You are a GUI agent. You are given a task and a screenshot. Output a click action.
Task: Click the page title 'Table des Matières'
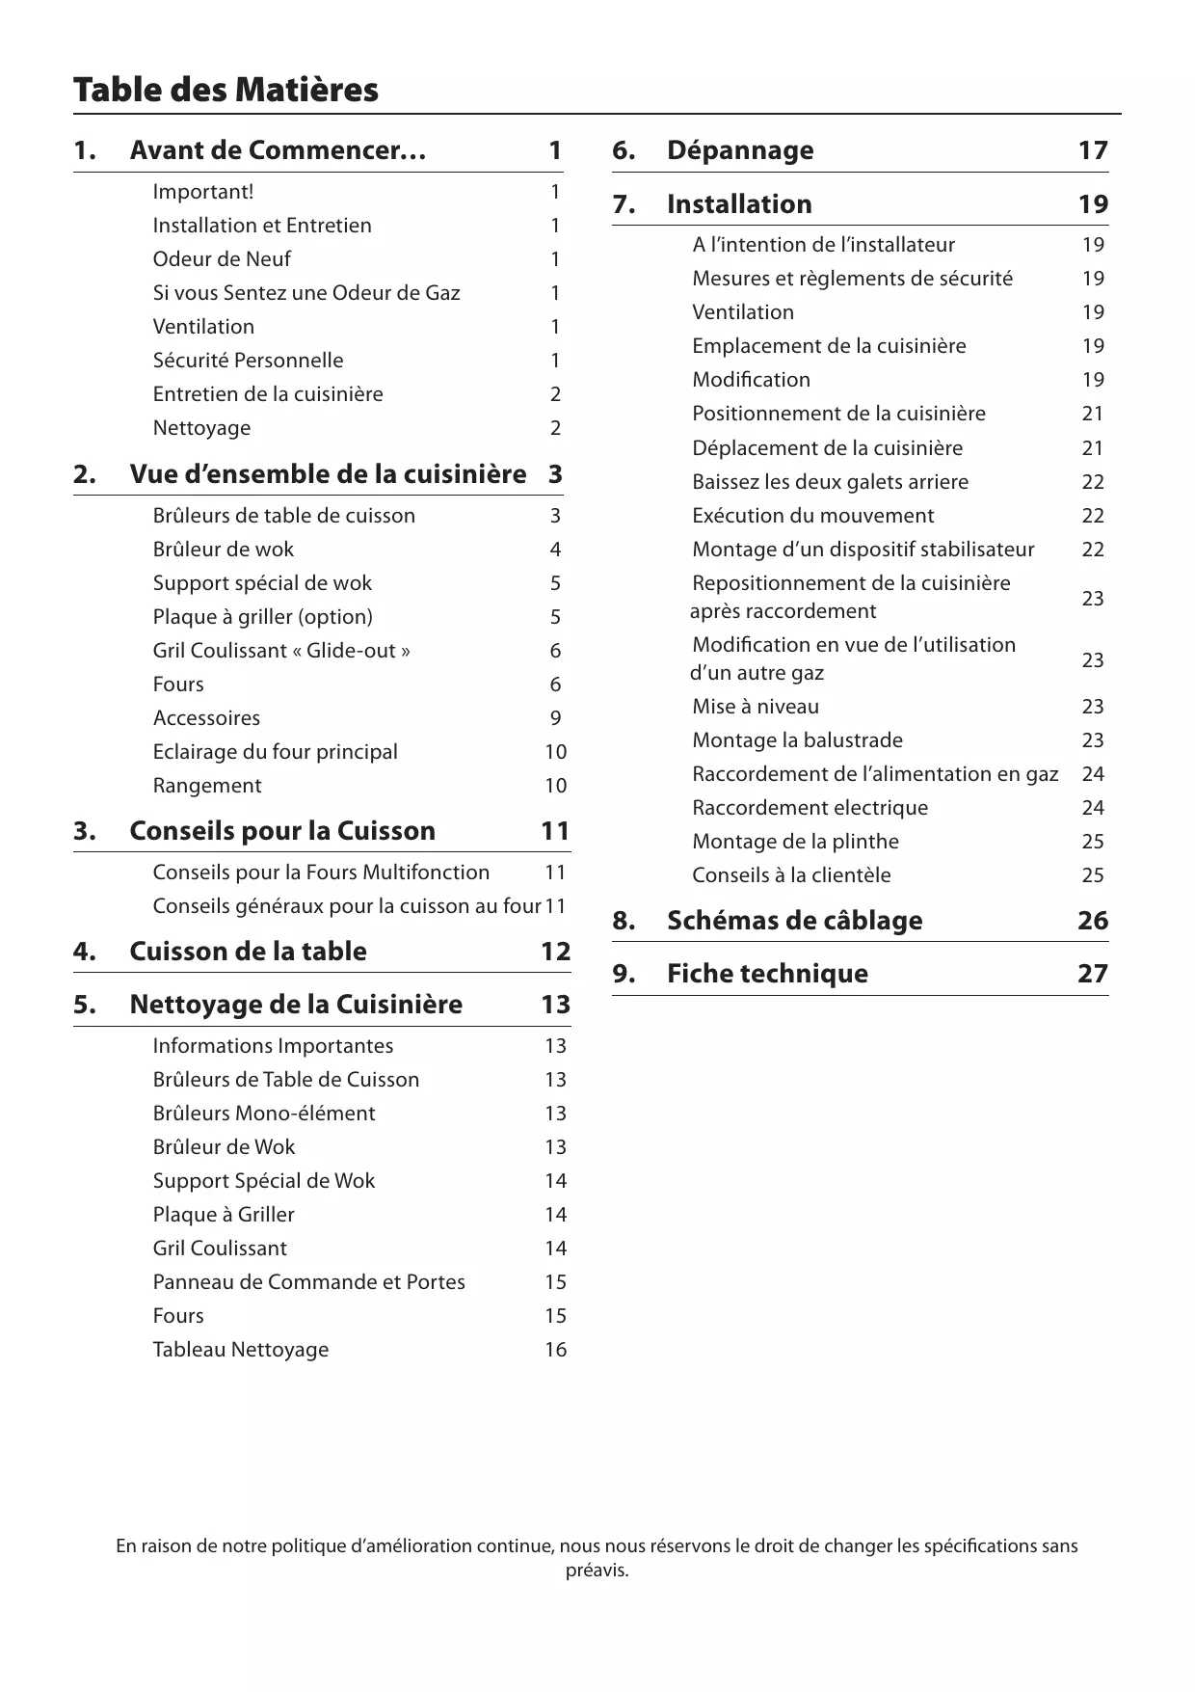pyautogui.click(x=226, y=90)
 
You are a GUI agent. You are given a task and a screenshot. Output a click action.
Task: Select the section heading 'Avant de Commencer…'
pyautogui.click(x=278, y=150)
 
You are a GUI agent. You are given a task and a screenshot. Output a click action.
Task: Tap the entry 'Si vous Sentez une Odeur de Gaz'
pyautogui.click(x=306, y=293)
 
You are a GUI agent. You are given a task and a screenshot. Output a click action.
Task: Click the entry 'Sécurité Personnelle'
pyautogui.click(x=248, y=361)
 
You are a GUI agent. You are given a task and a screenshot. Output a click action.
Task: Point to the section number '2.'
pyautogui.click(x=85, y=474)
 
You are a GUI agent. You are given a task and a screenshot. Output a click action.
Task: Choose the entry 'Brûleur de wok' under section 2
pyautogui.click(x=224, y=550)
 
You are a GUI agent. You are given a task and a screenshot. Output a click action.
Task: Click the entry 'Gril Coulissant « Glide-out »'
pyautogui.click(x=281, y=651)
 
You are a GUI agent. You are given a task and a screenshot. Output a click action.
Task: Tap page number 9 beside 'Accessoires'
pyautogui.click(x=555, y=718)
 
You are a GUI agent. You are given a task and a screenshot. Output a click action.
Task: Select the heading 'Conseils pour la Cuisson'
pyautogui.click(x=282, y=831)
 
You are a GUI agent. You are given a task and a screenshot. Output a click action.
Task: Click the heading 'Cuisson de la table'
pyautogui.click(x=248, y=952)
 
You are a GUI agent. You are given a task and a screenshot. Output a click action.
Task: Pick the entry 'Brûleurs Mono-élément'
pyautogui.click(x=264, y=1114)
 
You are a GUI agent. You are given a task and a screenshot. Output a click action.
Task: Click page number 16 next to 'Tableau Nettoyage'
pyautogui.click(x=555, y=1350)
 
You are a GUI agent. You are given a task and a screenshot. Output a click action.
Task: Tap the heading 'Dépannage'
pyautogui.click(x=740, y=150)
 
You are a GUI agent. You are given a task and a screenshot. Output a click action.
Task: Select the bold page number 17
pyautogui.click(x=1093, y=150)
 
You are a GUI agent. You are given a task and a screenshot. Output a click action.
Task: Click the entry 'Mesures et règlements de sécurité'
pyautogui.click(x=852, y=279)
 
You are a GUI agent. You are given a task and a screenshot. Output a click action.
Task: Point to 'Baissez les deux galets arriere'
pyautogui.click(x=830, y=482)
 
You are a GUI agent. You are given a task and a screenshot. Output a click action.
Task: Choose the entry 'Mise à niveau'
pyautogui.click(x=756, y=707)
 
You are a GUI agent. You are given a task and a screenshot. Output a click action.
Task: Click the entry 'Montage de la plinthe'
pyautogui.click(x=795, y=842)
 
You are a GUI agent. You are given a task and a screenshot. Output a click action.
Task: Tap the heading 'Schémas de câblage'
pyautogui.click(x=794, y=921)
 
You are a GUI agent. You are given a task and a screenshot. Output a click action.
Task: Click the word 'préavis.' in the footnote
pyautogui.click(x=597, y=1571)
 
